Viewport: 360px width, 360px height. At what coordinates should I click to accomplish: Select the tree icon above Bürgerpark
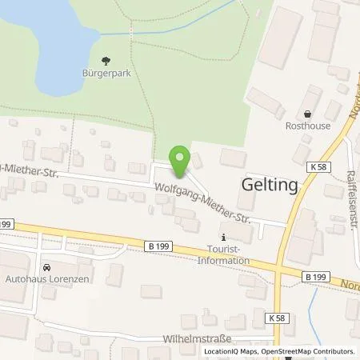[x=107, y=59]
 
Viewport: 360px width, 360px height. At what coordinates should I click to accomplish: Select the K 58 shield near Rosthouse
[x=316, y=166]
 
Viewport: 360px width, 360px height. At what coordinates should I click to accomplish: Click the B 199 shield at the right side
[x=315, y=276]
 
